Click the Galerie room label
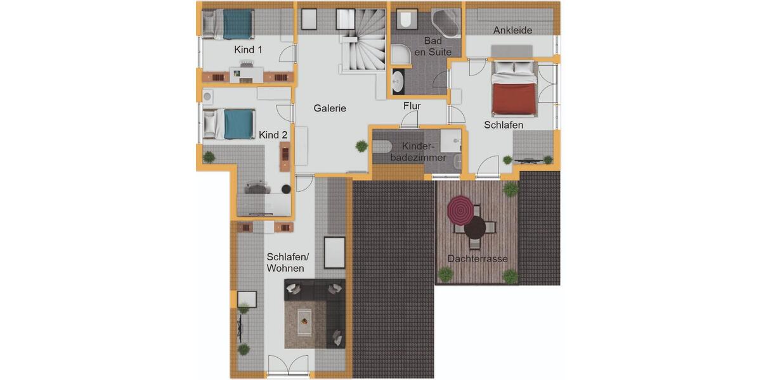click(x=330, y=108)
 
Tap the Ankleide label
click(x=512, y=30)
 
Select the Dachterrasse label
click(x=477, y=259)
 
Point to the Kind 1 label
click(x=248, y=49)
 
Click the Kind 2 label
click(x=273, y=135)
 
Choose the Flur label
click(x=412, y=106)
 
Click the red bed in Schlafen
click(x=515, y=94)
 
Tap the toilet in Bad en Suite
click(x=405, y=21)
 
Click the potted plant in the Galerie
click(x=361, y=146)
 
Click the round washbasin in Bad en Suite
click(x=398, y=81)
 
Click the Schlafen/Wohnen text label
click(x=287, y=263)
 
